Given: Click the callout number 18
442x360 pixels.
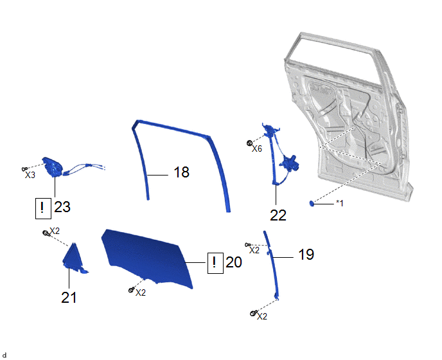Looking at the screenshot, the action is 182,172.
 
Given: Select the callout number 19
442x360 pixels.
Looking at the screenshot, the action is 306,255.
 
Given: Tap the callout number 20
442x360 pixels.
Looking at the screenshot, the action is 234,262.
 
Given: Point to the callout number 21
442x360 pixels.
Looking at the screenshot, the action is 69,298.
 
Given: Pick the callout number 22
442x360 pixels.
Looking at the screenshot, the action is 278,215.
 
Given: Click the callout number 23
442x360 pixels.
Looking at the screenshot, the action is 62,207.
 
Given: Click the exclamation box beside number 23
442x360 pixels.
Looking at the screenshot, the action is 43,208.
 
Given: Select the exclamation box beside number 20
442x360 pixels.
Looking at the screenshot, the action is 215,263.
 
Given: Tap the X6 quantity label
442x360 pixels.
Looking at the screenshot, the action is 257,148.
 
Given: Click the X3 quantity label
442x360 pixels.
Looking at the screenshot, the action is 30,175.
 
